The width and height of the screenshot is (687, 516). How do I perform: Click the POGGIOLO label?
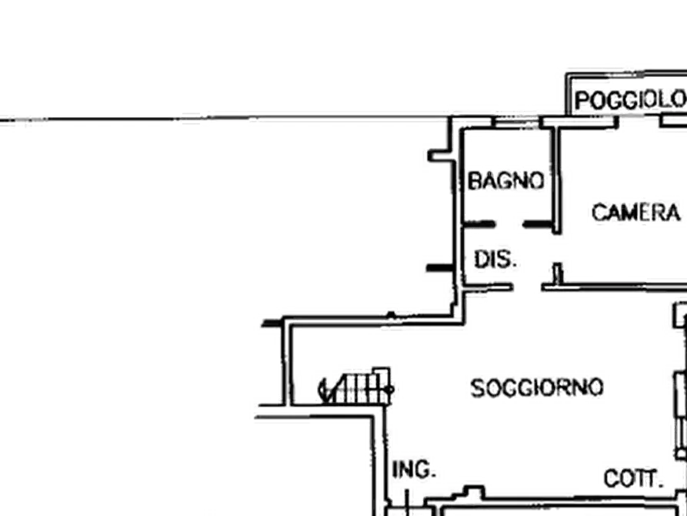[630, 100]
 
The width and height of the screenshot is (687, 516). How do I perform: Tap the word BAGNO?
[506, 181]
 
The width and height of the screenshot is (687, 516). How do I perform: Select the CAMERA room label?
[636, 213]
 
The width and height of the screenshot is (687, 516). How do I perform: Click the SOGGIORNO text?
[537, 388]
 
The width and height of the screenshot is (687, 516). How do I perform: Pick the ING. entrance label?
[414, 470]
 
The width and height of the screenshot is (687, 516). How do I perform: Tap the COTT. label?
[632, 478]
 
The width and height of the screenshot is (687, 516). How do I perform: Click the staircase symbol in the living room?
[355, 386]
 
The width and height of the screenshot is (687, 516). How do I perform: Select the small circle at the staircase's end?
[390, 389]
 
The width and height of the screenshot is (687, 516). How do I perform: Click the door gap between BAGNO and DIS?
[509, 224]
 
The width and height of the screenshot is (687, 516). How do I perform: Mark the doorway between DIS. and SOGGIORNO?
[528, 288]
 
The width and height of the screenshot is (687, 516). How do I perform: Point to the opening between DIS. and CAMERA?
[557, 248]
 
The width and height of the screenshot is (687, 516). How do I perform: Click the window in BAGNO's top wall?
[515, 122]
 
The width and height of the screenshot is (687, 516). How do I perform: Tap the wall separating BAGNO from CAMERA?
[555, 180]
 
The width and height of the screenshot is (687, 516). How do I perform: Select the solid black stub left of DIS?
[440, 268]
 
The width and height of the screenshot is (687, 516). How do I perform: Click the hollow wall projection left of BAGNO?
[442, 156]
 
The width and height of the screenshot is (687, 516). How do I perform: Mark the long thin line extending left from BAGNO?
[225, 119]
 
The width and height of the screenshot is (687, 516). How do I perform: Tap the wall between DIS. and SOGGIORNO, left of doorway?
[488, 287]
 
